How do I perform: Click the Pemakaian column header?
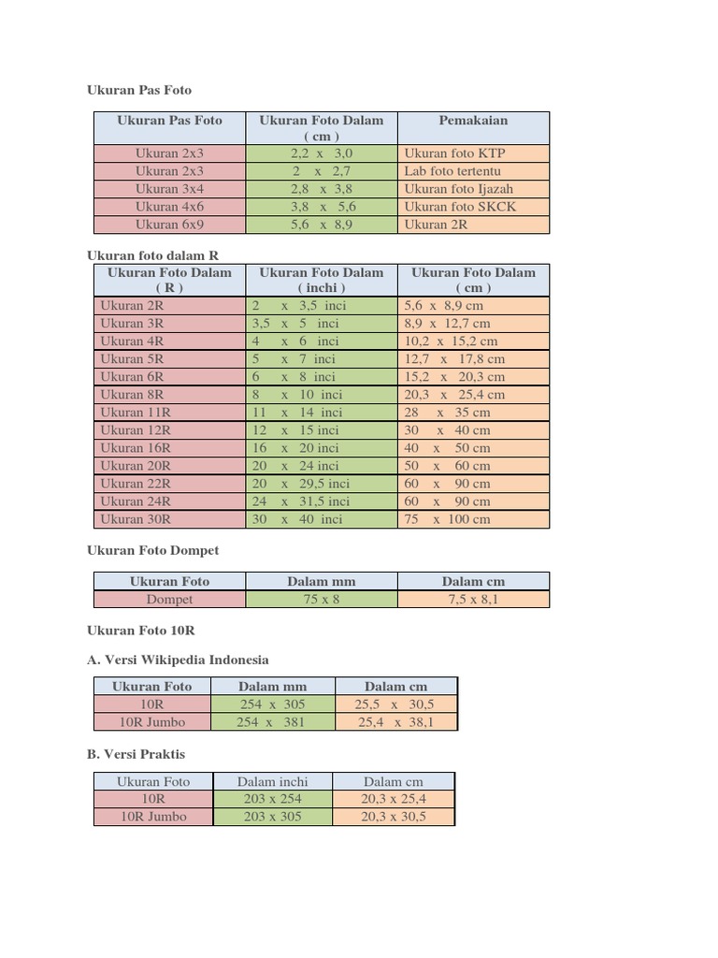click(473, 121)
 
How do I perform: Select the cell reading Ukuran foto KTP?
click(454, 153)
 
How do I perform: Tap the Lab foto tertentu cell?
click(452, 171)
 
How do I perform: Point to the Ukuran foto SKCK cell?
click(460, 207)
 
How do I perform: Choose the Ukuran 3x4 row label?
click(169, 189)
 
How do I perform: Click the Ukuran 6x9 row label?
click(169, 225)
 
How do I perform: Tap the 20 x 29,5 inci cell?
click(300, 484)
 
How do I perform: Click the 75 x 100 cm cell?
click(447, 519)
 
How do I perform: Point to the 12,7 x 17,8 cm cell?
click(454, 359)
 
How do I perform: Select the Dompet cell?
click(169, 600)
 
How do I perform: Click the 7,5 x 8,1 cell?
click(473, 600)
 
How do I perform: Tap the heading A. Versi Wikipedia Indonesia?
click(178, 660)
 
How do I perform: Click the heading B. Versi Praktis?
click(136, 753)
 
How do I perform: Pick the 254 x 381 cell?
click(271, 722)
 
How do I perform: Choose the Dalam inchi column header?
click(272, 782)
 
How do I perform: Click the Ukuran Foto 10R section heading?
click(140, 631)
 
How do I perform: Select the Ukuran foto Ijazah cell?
click(459, 189)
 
